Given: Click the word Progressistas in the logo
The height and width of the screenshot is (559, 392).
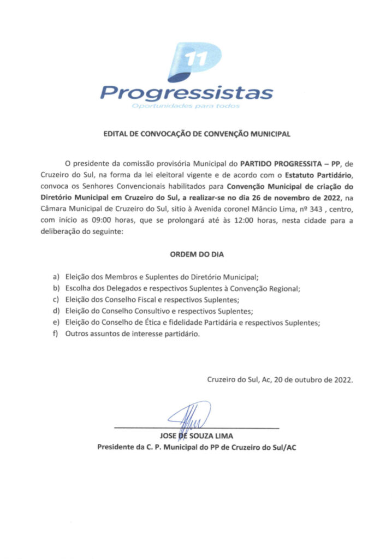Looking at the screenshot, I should [x=187, y=92].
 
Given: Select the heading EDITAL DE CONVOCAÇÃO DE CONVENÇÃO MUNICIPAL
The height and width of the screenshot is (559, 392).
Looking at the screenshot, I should [x=196, y=133].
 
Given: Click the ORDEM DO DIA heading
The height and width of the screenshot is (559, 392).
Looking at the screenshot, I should [x=196, y=254].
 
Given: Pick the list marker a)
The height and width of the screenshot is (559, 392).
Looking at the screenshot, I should [x=55, y=277].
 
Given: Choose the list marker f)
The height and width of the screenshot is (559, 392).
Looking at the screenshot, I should [x=55, y=334].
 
